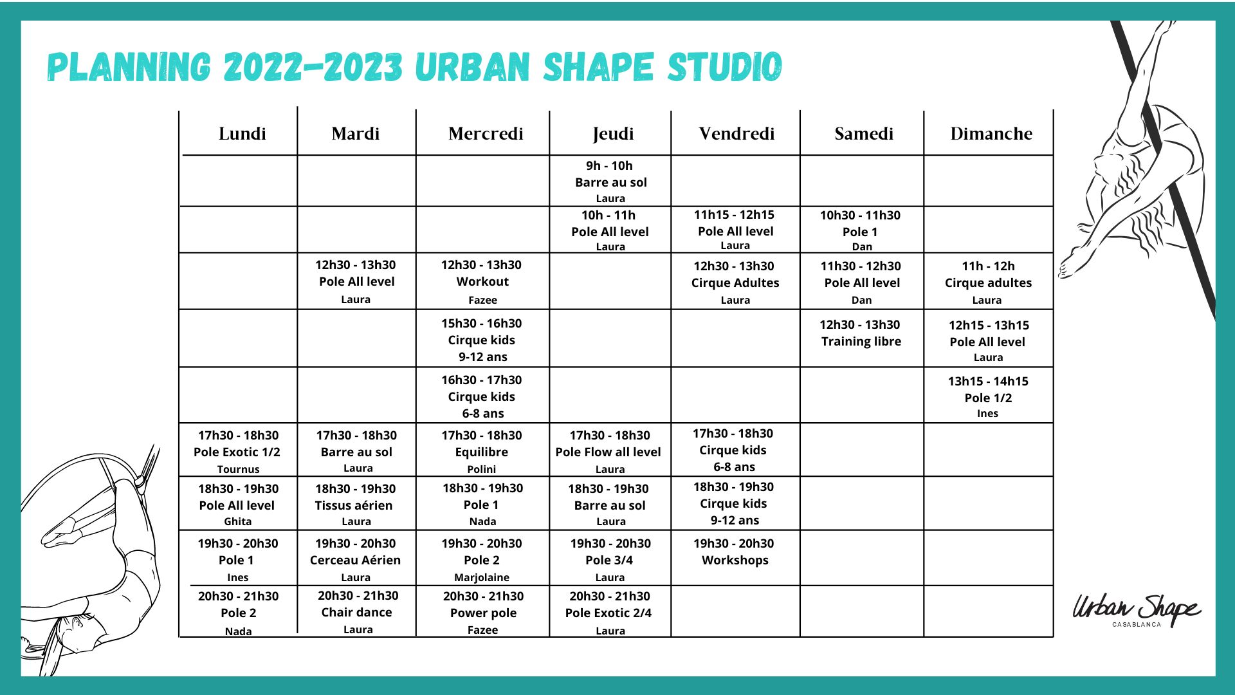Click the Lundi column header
242,134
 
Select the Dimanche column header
991,134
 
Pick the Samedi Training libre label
861,342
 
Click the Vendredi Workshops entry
735,560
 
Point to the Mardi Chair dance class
356,612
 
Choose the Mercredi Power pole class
483,613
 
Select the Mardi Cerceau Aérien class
355,560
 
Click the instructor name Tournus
238,469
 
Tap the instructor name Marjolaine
482,577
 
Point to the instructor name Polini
481,469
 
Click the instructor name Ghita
237,521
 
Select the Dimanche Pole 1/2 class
988,398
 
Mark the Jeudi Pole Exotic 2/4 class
608,613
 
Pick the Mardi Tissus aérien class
354,505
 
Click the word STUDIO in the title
725,67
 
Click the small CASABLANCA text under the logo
1137,624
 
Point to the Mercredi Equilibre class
481,452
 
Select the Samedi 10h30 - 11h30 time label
860,216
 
